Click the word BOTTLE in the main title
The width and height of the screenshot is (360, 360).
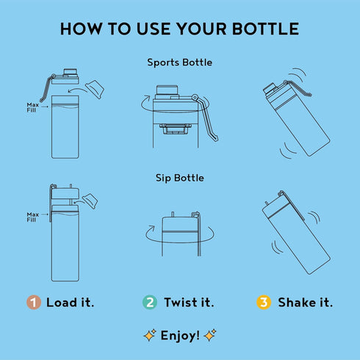265,29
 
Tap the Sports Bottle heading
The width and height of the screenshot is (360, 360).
180,62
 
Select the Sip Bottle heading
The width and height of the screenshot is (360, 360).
180,178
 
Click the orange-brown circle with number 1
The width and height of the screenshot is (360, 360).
34,302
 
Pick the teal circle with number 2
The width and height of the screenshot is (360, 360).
150,302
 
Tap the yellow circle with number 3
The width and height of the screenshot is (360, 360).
264,302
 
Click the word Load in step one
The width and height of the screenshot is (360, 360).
62,303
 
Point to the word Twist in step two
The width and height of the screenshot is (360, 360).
181,303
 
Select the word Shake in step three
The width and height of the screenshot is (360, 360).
297,303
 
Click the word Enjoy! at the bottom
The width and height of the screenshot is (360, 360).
180,336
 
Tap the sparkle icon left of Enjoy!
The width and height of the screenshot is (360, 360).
150,335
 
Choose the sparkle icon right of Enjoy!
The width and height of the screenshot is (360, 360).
210,335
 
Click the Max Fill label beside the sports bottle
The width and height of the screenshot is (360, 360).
32,107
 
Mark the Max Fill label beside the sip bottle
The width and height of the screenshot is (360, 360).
32,217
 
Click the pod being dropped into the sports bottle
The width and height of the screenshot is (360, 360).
95,89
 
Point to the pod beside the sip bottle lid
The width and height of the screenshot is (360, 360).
90,201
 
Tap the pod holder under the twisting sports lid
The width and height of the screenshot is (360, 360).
175,129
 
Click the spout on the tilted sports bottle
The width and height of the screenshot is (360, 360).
270,90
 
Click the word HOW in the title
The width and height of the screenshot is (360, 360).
81,29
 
